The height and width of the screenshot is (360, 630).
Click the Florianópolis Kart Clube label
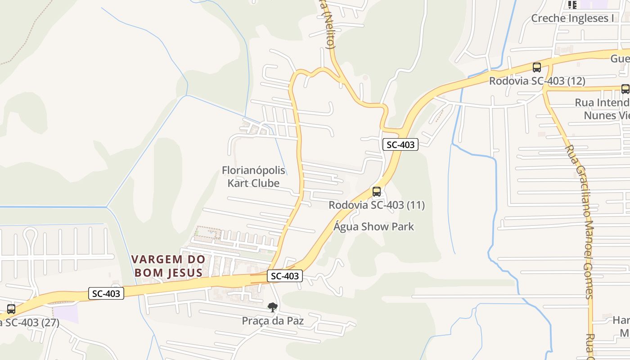point(253,177)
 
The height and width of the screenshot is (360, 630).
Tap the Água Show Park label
point(373,226)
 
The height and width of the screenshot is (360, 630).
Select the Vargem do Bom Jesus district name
point(169,266)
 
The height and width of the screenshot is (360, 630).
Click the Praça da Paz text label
point(273,321)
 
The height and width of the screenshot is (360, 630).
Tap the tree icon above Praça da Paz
point(272,308)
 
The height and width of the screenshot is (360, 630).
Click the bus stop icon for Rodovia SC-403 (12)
point(536,67)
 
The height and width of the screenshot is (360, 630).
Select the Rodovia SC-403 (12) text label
point(537,81)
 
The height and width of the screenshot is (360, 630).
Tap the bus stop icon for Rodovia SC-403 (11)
point(377,192)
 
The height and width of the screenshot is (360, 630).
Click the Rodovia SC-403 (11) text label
point(376,205)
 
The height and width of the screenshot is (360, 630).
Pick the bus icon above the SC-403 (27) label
point(11,309)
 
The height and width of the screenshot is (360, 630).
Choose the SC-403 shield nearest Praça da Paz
point(284,276)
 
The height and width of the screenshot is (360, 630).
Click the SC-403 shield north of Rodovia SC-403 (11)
point(400,144)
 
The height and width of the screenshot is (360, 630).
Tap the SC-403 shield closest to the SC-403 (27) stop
point(106,293)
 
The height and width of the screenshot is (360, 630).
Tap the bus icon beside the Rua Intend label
point(625,89)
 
